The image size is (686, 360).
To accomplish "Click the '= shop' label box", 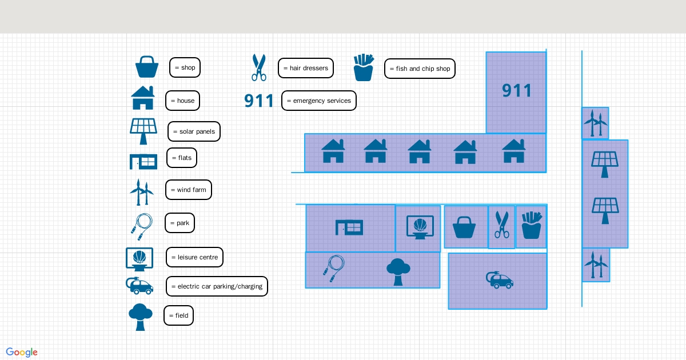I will [x=185, y=67].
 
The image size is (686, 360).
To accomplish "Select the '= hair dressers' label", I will [x=306, y=68].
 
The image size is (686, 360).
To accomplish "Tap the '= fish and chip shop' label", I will [x=420, y=69].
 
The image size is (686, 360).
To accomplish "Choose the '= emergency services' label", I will [x=319, y=101].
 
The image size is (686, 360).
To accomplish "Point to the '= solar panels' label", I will [x=194, y=131].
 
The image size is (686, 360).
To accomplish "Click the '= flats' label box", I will [x=182, y=158].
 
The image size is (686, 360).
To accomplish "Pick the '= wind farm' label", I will [x=189, y=190].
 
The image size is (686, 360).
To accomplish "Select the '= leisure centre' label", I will [x=194, y=257].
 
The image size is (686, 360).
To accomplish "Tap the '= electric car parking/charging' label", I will [x=217, y=286].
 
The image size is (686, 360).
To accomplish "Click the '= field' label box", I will [x=178, y=315].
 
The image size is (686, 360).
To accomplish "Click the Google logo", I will [x=22, y=352].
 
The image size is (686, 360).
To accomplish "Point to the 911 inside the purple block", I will [x=517, y=90].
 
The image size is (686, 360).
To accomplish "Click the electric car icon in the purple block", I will [x=500, y=279].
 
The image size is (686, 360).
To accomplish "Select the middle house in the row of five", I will [x=420, y=151].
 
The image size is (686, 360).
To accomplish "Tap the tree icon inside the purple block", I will [x=398, y=271].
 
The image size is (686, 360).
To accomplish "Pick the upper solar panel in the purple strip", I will [x=604, y=164].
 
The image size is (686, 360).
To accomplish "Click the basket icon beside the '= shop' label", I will [x=147, y=67].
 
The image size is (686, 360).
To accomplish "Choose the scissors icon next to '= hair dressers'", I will [x=259, y=67].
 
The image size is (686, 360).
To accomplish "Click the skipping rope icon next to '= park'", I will [x=141, y=223].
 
